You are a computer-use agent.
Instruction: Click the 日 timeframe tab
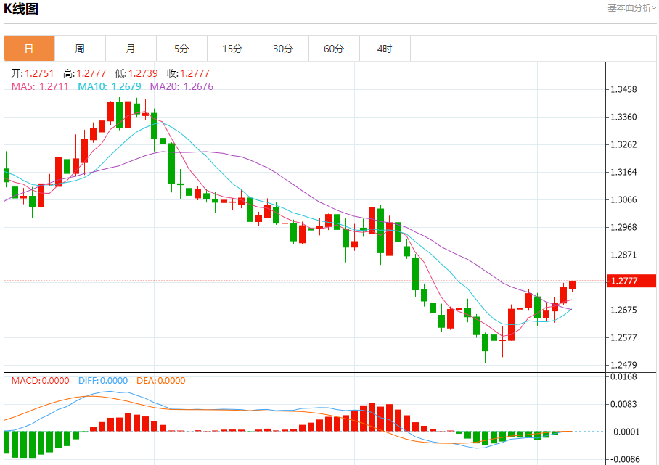click(29, 49)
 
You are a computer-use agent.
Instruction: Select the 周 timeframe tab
click(80, 49)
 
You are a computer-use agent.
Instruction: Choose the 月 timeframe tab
click(131, 49)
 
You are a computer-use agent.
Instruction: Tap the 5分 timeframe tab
click(181, 49)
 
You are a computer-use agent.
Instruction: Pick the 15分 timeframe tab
click(232, 49)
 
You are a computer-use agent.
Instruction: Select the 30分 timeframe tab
click(283, 49)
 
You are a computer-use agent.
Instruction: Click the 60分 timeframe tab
click(334, 49)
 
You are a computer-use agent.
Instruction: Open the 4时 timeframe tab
click(385, 49)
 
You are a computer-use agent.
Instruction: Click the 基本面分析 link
click(631, 7)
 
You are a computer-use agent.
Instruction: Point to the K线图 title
click(22, 9)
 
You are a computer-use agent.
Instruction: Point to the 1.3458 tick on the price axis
click(624, 90)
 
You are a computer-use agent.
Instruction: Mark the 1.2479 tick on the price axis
click(624, 365)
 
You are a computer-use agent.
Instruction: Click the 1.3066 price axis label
click(624, 200)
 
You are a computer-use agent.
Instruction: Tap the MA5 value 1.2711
click(54, 86)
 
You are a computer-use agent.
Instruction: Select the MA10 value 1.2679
click(126, 86)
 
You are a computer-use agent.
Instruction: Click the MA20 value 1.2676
click(198, 86)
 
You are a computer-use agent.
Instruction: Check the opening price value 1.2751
click(39, 73)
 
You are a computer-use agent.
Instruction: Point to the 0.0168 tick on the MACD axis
click(624, 376)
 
